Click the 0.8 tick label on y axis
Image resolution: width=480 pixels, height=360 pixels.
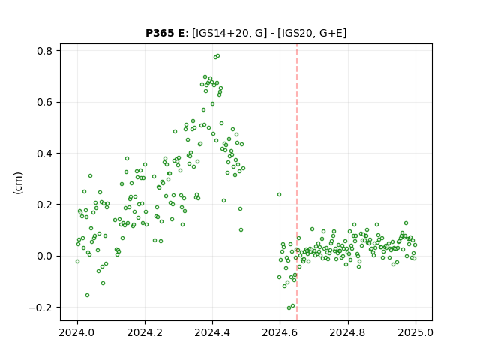point(44,51)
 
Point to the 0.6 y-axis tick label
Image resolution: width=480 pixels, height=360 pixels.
point(44,102)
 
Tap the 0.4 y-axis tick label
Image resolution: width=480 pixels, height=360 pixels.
point(44,153)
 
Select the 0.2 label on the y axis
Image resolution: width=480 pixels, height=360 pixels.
point(44,205)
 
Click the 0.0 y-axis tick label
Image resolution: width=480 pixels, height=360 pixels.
point(44,256)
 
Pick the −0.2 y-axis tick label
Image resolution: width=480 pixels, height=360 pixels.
point(40,307)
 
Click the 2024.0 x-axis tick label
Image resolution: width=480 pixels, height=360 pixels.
point(77,332)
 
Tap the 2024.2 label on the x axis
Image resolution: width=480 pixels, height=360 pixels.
point(145,332)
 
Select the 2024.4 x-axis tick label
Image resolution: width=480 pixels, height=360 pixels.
point(212,332)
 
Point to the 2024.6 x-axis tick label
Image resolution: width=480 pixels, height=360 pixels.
point(280,332)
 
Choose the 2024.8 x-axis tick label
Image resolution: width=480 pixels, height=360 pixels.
point(348,332)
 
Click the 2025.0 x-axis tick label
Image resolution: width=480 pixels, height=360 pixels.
point(415,332)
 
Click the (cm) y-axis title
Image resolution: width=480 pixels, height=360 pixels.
point(18,183)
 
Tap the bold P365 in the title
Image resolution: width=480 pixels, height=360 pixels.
point(160,33)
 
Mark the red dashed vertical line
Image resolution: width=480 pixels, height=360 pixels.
point(297,182)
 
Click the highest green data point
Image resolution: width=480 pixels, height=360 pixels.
point(217,56)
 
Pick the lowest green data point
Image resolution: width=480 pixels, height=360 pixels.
point(289,307)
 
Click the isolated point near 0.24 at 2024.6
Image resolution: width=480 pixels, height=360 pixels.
point(279,195)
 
